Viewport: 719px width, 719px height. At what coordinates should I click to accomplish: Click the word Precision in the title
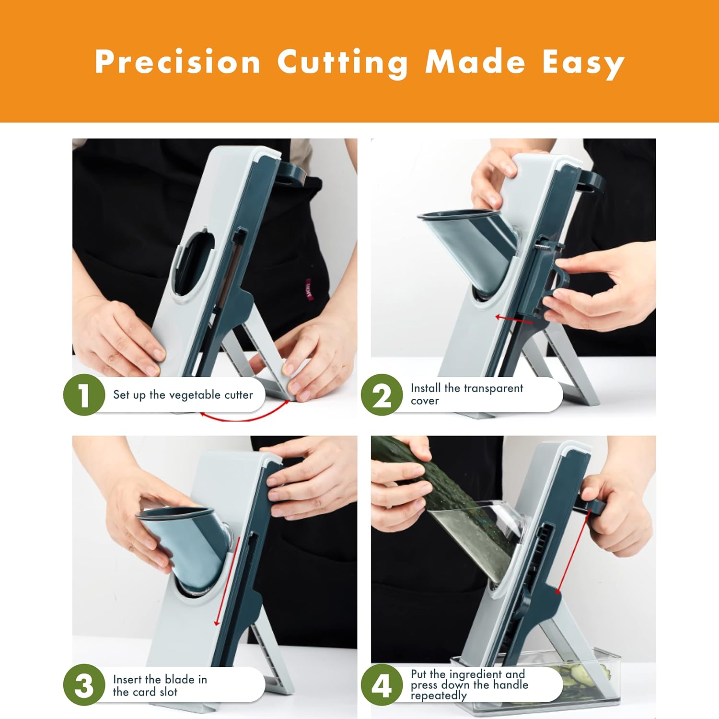click(177, 62)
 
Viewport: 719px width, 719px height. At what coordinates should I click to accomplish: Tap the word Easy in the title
click(583, 63)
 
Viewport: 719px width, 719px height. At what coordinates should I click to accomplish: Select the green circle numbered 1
click(84, 395)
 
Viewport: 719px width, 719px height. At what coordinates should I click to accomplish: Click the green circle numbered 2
click(382, 395)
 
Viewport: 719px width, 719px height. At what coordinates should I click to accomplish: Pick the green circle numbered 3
click(84, 685)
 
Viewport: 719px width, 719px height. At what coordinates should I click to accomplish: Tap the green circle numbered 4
click(382, 685)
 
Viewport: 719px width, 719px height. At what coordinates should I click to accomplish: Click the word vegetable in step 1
click(195, 395)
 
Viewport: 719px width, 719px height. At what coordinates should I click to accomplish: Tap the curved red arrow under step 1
click(244, 418)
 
